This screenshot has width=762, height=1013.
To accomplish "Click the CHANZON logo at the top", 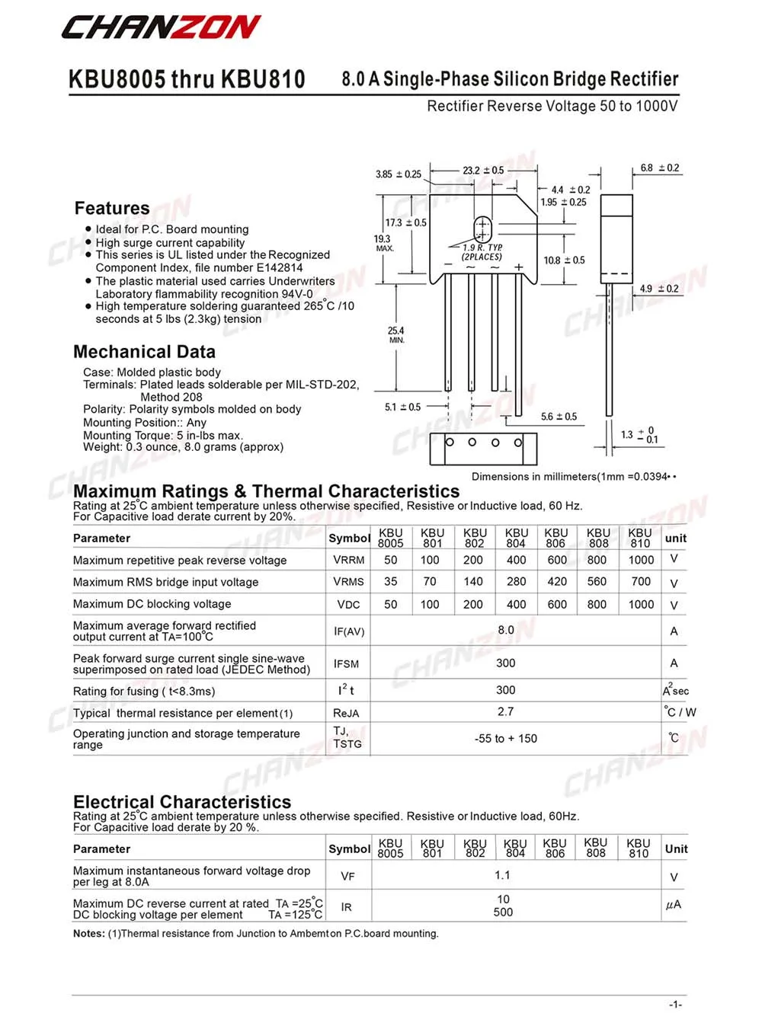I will click(x=161, y=28).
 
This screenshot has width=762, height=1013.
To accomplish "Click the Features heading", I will click(x=112, y=208).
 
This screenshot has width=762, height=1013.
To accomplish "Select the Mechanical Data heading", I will click(x=144, y=352).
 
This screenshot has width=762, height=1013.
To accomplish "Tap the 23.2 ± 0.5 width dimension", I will click(x=483, y=171).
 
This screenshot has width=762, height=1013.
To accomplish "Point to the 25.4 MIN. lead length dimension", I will click(x=396, y=334).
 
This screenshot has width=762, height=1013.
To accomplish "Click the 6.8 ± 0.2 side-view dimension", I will click(x=660, y=168).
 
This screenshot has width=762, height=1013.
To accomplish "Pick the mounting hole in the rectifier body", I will click(x=482, y=228).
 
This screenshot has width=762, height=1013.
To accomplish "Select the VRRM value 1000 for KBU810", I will click(x=641, y=560).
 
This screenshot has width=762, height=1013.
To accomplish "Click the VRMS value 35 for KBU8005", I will click(x=391, y=581).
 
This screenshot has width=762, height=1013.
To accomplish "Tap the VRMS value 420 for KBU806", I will click(x=557, y=581).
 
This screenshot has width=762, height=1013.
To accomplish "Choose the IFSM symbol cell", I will click(x=347, y=664).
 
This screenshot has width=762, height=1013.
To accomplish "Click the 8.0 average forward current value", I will click(x=506, y=630).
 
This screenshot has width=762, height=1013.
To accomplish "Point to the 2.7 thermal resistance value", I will click(x=506, y=711).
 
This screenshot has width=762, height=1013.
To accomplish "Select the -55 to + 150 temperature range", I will click(x=506, y=738).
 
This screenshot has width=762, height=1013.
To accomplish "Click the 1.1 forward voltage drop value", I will click(x=503, y=875).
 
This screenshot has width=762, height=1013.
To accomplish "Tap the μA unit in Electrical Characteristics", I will click(x=674, y=905).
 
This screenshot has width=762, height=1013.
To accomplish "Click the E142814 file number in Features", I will click(x=279, y=267).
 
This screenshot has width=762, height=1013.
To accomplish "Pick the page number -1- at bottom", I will click(x=675, y=1005).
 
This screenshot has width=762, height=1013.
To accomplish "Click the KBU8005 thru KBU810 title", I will click(x=187, y=79).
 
